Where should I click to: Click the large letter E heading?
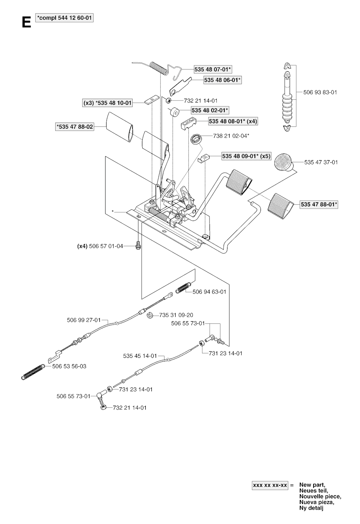(x=26, y=23)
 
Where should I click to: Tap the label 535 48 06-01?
(x=223, y=80)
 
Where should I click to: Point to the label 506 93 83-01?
(x=320, y=92)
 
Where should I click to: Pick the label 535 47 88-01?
(x=319, y=204)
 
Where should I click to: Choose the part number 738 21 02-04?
(x=231, y=135)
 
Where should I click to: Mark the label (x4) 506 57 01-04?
(x=100, y=246)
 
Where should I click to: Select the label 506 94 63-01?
(x=210, y=292)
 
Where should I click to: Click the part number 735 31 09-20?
(x=176, y=315)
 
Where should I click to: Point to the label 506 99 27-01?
(x=84, y=320)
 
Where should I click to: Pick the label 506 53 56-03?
(x=69, y=366)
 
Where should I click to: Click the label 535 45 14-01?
(x=140, y=356)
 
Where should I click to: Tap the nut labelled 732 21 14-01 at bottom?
(x=104, y=407)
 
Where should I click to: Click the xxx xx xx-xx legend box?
(x=270, y=485)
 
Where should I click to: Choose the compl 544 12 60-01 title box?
(x=65, y=18)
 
